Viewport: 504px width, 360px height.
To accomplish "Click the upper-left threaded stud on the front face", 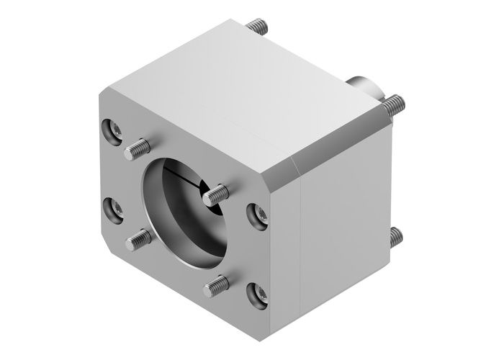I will click(138, 149).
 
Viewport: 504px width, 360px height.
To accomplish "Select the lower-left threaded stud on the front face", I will click(139, 238).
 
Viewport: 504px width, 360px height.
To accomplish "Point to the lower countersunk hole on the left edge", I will click(114, 209).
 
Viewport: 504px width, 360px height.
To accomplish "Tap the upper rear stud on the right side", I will click(392, 105).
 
